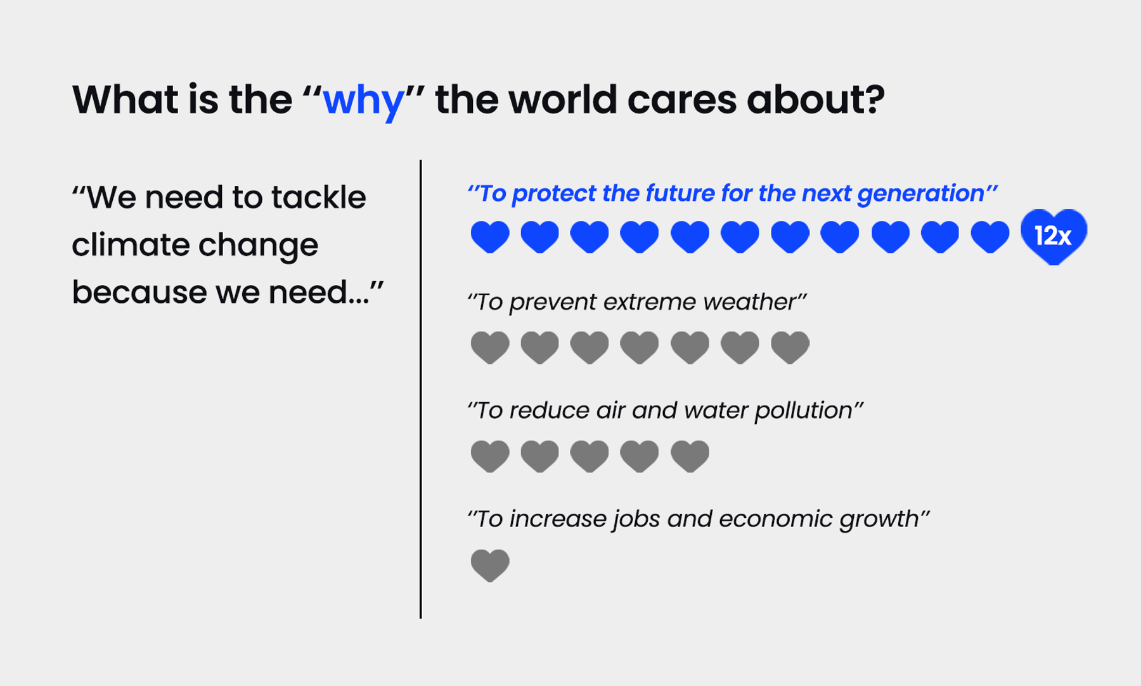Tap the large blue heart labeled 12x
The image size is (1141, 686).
coord(1054,236)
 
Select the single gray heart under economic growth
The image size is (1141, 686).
coord(490,565)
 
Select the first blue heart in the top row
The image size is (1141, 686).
coord(490,237)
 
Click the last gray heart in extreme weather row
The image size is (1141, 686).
coord(790,347)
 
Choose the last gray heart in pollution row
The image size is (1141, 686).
coord(690,456)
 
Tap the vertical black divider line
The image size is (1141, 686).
coord(420,389)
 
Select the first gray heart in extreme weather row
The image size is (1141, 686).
coord(490,347)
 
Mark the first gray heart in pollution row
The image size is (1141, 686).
coord(490,456)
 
